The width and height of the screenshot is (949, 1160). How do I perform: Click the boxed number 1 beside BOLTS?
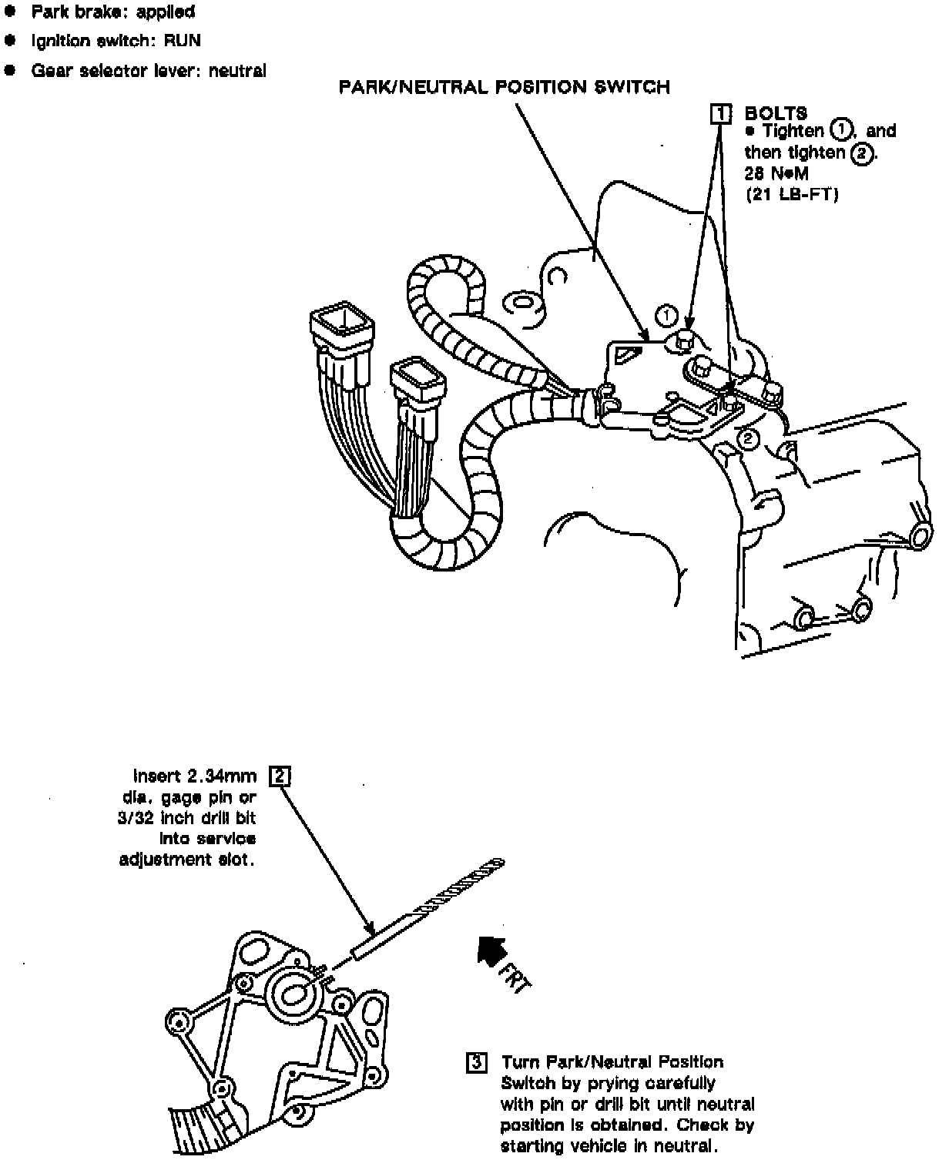(720, 114)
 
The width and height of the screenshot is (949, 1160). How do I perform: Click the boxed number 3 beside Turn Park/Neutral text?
(477, 1063)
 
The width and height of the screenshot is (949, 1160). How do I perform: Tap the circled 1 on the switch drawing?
(666, 315)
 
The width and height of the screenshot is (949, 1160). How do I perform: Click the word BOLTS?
(776, 114)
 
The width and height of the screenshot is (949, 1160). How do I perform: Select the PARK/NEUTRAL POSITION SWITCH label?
(505, 87)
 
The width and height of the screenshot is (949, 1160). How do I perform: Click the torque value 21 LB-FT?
(791, 195)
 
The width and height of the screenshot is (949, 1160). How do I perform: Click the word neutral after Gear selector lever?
(237, 71)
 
